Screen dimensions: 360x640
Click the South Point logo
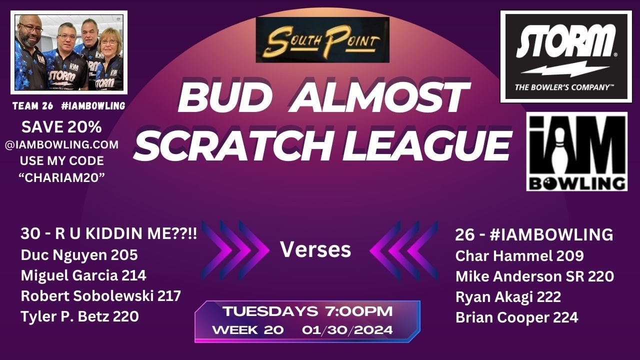(x=322, y=40)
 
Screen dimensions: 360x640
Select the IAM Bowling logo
(x=576, y=152)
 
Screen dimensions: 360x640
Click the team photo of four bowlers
(x=69, y=52)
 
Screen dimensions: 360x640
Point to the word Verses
(x=315, y=249)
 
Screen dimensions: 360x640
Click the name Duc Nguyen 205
(x=79, y=255)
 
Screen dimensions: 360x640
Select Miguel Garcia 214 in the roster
(x=83, y=275)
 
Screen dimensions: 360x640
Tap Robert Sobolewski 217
(x=100, y=296)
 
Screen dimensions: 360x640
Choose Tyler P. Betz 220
(x=79, y=316)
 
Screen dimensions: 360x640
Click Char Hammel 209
(x=519, y=256)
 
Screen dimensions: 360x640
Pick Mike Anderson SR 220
(x=534, y=276)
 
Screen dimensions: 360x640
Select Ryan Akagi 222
(x=508, y=296)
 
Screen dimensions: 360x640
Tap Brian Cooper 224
(x=516, y=317)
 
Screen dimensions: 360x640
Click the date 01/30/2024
(x=347, y=330)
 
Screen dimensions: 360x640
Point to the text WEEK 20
(x=248, y=330)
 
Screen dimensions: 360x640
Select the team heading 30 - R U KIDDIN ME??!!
(x=108, y=234)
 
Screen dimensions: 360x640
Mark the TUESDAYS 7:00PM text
(x=307, y=311)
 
